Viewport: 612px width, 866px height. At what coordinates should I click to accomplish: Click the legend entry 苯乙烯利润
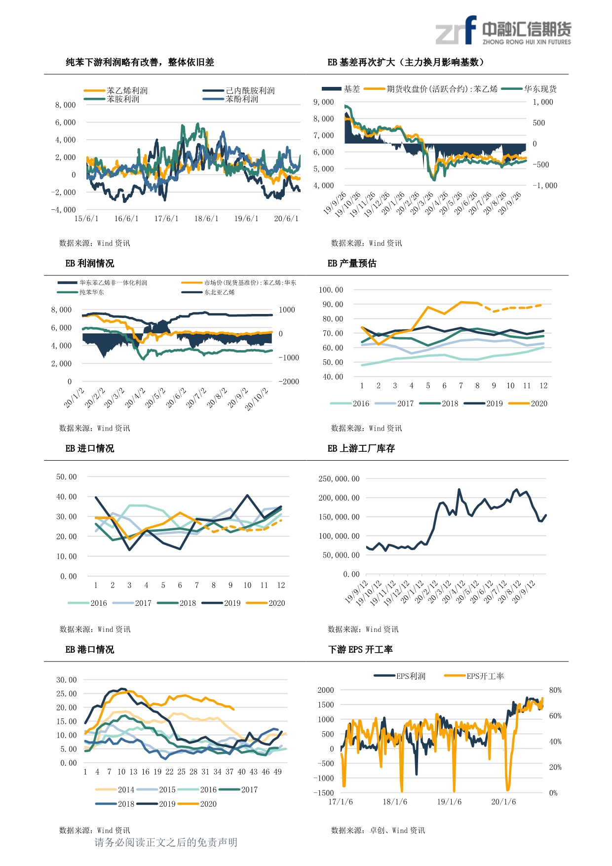(x=127, y=91)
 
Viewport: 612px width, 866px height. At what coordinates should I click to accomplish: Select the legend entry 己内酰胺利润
(x=250, y=91)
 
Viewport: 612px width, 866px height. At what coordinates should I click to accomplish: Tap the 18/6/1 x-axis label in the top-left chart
(x=206, y=219)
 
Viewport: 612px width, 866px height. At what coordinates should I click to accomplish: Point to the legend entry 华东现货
(x=540, y=89)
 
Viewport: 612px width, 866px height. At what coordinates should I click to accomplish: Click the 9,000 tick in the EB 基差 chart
(x=323, y=102)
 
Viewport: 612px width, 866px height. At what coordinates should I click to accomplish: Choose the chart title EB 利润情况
(x=90, y=264)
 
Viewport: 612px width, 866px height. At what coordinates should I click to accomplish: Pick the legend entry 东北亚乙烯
(x=220, y=292)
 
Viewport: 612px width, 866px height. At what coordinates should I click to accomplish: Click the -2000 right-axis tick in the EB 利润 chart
(x=289, y=382)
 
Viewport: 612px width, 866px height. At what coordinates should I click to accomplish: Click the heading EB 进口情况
(x=90, y=449)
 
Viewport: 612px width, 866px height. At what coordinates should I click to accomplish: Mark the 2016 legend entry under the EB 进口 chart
(x=98, y=603)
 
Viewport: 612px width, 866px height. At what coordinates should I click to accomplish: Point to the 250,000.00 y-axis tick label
(x=339, y=479)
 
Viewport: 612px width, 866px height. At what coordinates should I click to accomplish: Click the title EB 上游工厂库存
(x=361, y=449)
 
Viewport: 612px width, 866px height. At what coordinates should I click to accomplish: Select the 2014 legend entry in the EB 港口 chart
(x=126, y=790)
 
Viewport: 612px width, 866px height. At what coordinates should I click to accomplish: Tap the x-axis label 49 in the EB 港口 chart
(x=278, y=772)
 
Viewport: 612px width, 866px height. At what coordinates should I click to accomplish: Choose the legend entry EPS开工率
(x=485, y=676)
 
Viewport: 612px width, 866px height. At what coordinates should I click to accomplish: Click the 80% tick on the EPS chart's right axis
(x=555, y=690)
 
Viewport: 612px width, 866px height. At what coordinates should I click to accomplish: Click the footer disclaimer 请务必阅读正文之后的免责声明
(x=166, y=842)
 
